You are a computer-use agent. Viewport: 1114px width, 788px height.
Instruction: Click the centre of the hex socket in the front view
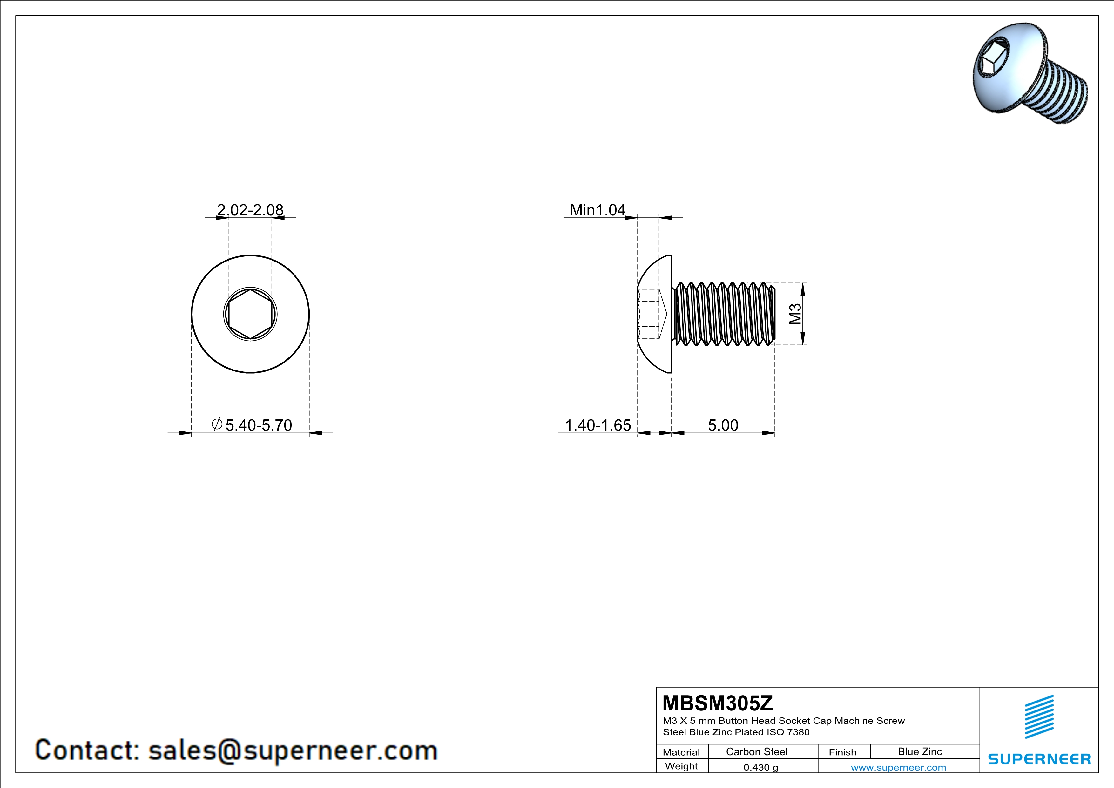coord(250,314)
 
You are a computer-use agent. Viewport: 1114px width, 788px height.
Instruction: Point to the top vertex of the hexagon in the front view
coord(250,290)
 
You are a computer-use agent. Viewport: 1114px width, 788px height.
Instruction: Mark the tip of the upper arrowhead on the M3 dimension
coord(802,283)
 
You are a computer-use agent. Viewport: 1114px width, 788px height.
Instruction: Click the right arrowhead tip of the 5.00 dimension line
coord(775,433)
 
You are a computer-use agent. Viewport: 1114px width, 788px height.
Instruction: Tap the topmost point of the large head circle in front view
coord(250,255)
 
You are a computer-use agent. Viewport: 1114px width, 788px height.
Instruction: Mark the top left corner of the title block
coord(657,687)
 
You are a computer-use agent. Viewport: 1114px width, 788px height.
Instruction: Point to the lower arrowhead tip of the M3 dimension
coord(802,344)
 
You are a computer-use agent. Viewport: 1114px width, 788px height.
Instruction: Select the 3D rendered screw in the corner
coord(1030,73)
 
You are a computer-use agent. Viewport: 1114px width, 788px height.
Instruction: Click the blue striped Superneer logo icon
coord(1039,717)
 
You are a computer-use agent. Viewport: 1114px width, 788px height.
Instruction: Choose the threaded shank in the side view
coord(724,314)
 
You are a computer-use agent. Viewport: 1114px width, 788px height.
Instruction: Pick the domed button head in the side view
coord(655,314)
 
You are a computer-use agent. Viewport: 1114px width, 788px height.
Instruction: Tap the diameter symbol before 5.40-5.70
coord(217,424)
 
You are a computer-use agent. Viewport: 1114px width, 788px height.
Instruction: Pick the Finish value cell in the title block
coord(920,751)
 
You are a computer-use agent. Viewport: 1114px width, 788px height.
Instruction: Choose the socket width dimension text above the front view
coord(250,210)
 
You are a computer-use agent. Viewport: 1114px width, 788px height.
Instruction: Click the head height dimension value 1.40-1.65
coord(598,425)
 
